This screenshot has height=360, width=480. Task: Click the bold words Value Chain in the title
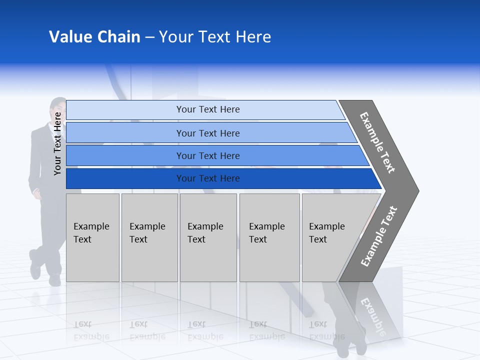tap(94, 37)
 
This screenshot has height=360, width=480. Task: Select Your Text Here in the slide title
tap(215, 37)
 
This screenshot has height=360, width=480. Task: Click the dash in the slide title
tap(149, 37)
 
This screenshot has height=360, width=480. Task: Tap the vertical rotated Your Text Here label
tap(57, 143)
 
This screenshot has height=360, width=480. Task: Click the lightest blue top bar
tap(207, 109)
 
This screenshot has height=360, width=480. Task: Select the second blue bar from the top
tap(207, 133)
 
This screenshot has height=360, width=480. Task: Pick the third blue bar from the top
tap(207, 155)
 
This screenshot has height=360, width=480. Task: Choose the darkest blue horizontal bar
tap(207, 178)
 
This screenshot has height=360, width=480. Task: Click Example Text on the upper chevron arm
tap(377, 142)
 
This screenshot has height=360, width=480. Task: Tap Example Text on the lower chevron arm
tap(378, 236)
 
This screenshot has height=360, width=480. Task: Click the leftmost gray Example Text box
tap(92, 237)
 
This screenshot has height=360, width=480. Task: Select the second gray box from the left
tap(149, 237)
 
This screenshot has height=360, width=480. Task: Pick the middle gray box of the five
tap(208, 237)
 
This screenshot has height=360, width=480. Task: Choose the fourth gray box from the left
tap(269, 237)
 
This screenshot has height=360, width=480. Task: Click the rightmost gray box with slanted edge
tap(330, 237)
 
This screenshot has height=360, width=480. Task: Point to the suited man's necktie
tap(56, 131)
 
